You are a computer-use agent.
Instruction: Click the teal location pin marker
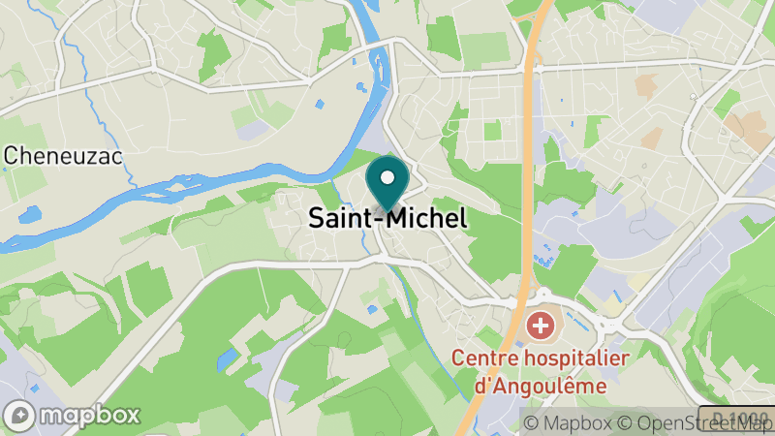[x=387, y=184]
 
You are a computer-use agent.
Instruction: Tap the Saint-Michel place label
[x=387, y=218]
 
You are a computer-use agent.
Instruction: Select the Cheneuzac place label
[x=64, y=155]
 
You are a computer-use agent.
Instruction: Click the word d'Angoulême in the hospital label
[x=539, y=385]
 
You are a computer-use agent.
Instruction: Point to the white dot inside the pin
[x=387, y=177]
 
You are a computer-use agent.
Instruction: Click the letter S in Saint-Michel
[x=317, y=218]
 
